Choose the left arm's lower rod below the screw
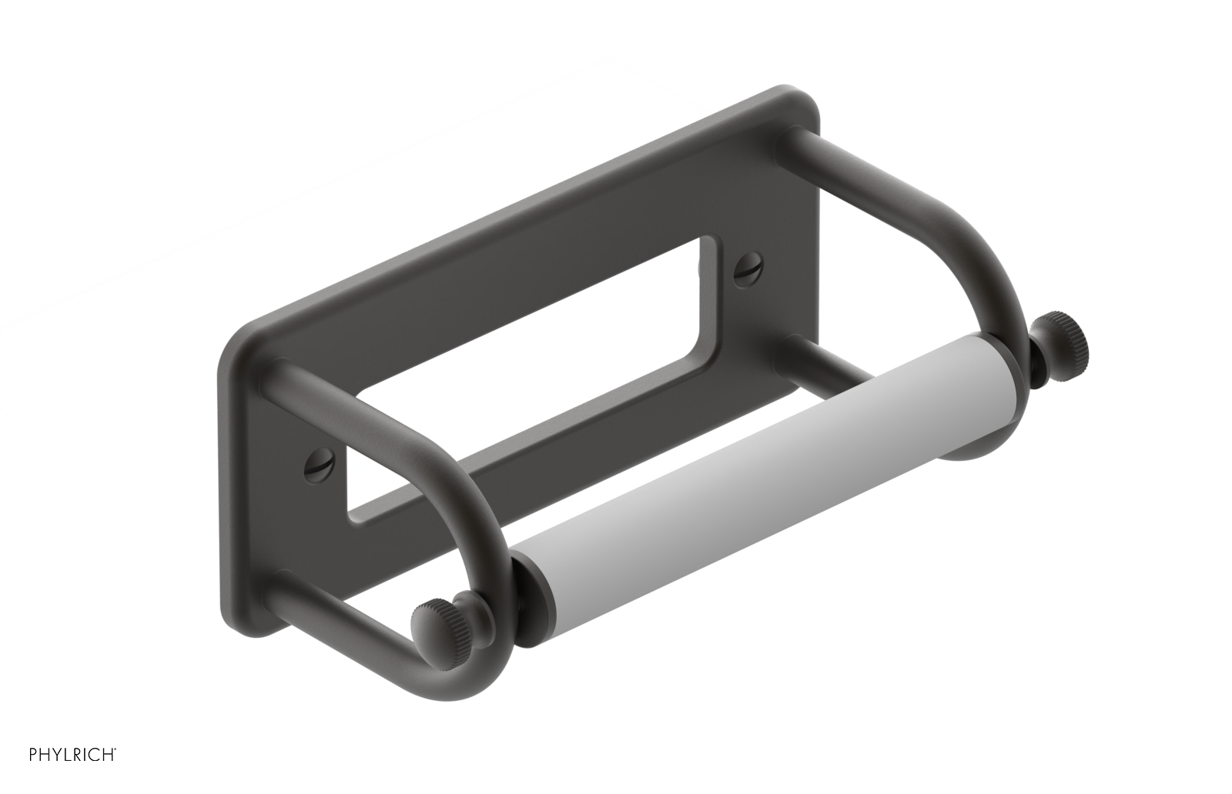coord(339,608)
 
